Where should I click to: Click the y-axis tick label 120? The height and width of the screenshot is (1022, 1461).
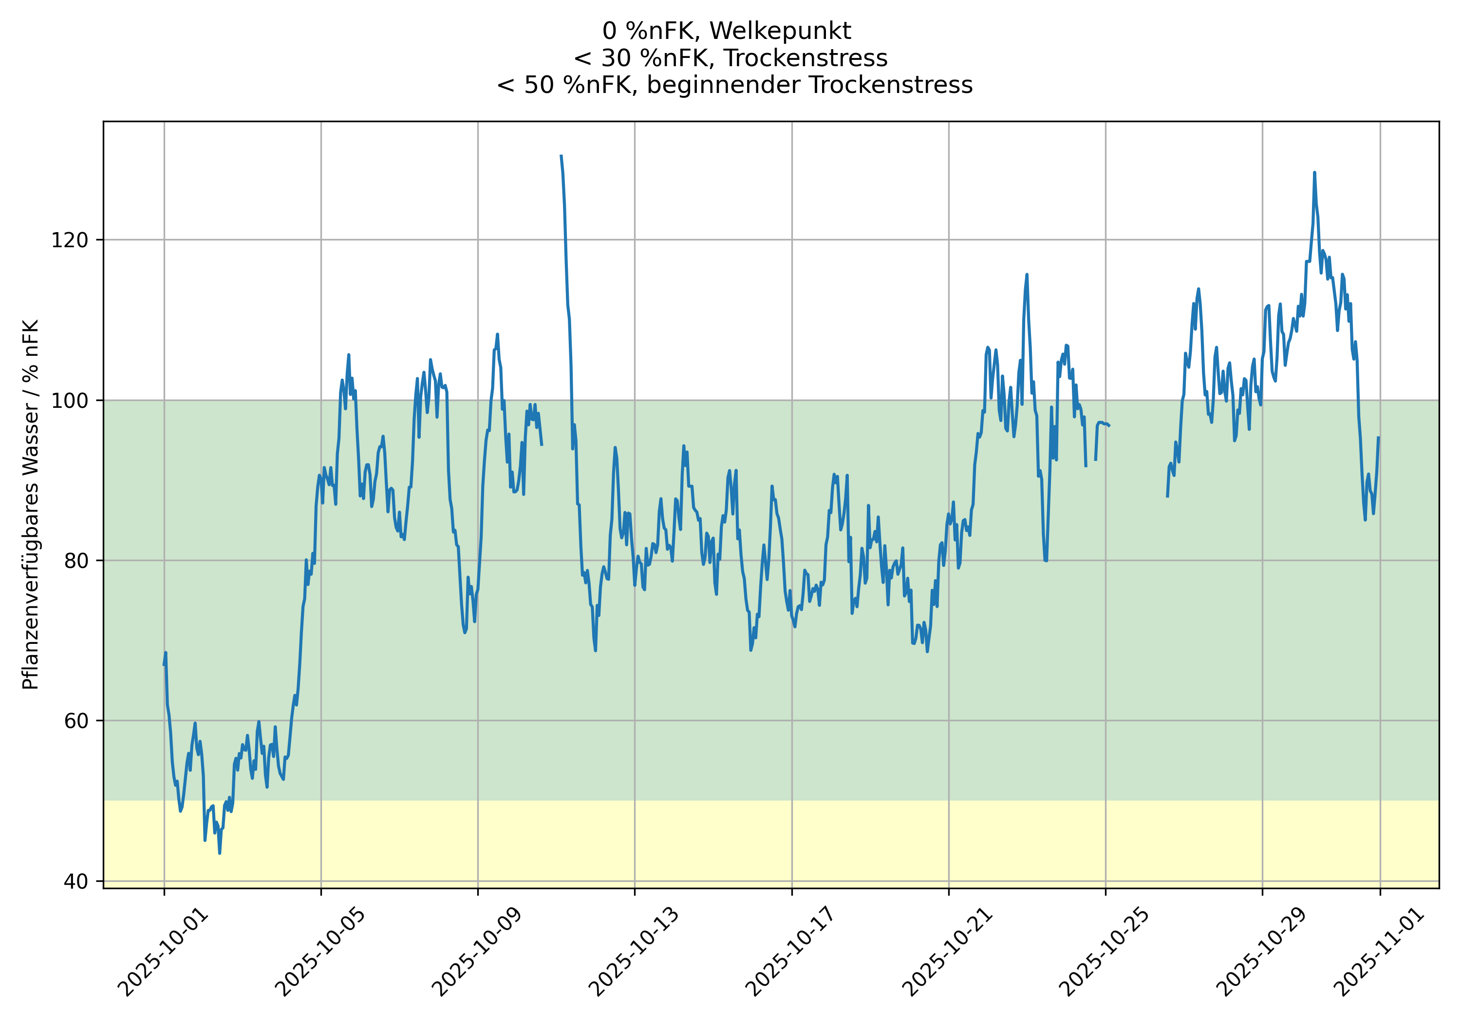tap(73, 240)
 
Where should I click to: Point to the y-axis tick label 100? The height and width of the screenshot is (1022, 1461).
tap(73, 401)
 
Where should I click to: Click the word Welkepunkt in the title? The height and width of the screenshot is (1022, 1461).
tap(780, 31)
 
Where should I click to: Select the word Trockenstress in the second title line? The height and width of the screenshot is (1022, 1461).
tap(805, 58)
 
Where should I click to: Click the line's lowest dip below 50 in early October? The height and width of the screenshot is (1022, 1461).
tap(220, 853)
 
